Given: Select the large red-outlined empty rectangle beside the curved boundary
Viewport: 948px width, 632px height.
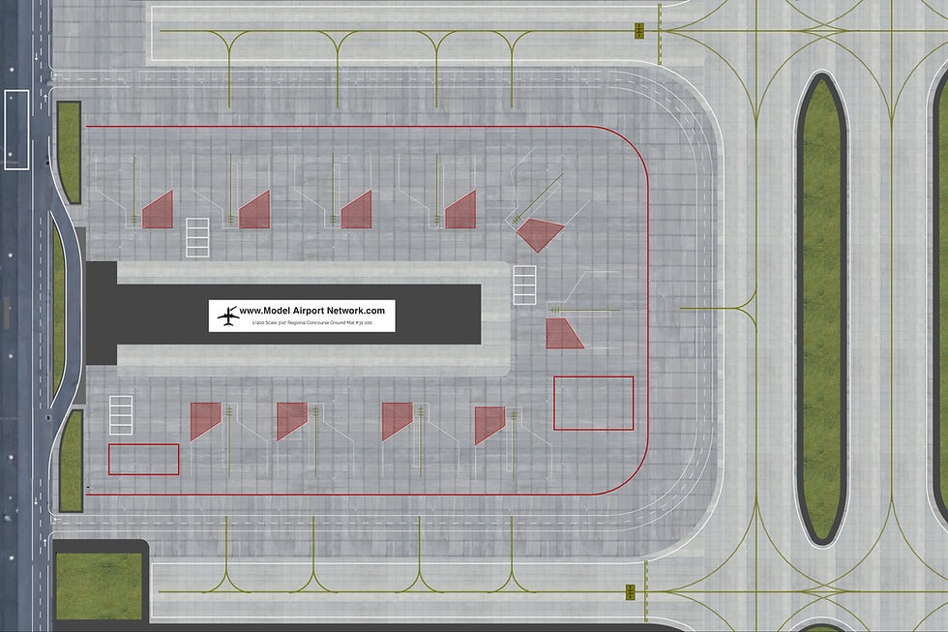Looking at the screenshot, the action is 593,403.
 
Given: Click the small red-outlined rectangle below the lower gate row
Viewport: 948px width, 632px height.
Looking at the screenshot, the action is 143,459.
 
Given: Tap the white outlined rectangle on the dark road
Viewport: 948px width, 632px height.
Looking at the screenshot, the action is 16,130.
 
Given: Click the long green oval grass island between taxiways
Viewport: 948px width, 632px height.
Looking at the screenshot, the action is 820,308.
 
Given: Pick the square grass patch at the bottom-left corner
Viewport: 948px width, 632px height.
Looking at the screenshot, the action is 98,586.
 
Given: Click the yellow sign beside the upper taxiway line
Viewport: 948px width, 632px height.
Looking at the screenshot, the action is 639,31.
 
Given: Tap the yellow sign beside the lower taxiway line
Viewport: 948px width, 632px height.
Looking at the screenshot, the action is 630,591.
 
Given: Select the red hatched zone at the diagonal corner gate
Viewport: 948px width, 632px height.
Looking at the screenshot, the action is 538,233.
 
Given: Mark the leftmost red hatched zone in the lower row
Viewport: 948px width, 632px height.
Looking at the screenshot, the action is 203,419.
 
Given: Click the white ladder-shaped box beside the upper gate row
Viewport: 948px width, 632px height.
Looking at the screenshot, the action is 196,237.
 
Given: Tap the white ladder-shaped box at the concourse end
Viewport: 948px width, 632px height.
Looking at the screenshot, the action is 524,286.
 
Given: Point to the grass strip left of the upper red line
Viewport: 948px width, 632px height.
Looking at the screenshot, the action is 69,152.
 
